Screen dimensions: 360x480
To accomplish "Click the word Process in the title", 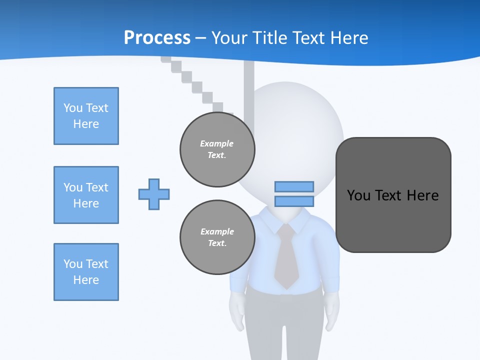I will (x=157, y=38).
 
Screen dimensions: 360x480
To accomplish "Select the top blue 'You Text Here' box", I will (x=86, y=116).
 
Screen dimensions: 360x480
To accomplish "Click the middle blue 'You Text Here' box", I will (x=86, y=195).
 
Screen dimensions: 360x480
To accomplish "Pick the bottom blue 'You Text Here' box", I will (x=86, y=272).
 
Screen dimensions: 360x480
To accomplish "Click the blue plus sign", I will (x=154, y=194).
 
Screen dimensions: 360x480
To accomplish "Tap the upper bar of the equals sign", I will (x=294, y=187).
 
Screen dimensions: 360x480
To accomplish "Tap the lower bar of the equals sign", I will (x=294, y=201).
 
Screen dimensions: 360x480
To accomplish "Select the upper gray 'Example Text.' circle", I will (x=217, y=149).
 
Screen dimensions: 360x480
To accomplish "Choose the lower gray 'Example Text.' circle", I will (x=217, y=237).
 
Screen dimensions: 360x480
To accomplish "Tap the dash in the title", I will (x=201, y=38).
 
